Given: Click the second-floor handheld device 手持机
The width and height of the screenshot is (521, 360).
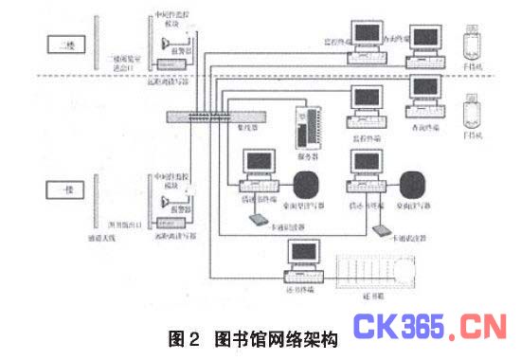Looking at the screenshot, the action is (470, 43).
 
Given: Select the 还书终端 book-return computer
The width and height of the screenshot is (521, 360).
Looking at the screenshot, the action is (304, 261).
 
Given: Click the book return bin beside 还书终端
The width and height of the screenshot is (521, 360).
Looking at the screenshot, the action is (380, 269).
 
